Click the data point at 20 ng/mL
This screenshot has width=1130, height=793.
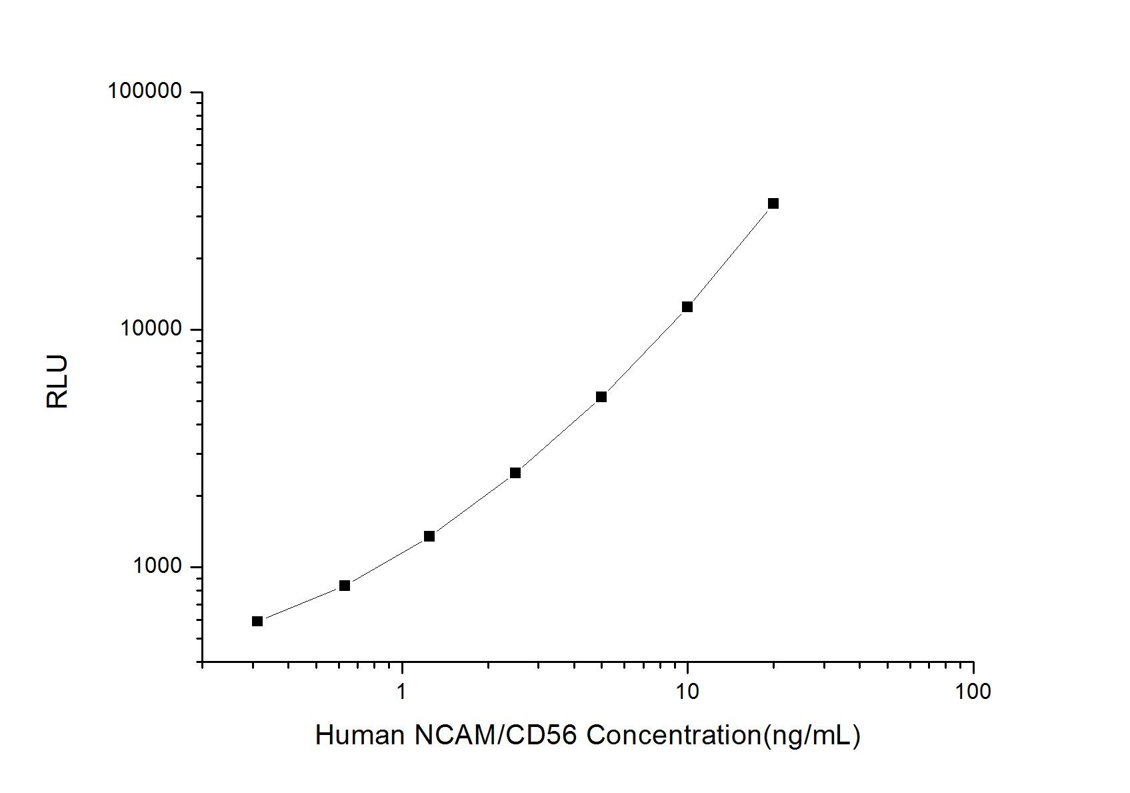(x=773, y=203)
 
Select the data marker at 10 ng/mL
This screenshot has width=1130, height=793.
(x=687, y=307)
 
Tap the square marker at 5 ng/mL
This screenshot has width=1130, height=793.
(x=601, y=397)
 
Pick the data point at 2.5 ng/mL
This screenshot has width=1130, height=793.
(x=515, y=473)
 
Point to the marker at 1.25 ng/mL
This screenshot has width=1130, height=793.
(x=429, y=536)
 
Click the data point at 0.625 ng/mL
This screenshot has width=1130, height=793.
(x=344, y=586)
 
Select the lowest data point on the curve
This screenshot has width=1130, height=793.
(x=257, y=622)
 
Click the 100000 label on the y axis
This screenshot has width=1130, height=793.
(x=145, y=92)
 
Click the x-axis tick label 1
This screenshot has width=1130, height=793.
(x=401, y=692)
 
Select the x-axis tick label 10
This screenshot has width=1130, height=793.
(x=687, y=692)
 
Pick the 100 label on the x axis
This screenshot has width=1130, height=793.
(x=973, y=692)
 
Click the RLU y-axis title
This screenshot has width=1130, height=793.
(x=58, y=381)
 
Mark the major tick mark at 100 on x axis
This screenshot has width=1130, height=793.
(x=973, y=668)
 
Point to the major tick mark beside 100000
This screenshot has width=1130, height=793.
(x=196, y=92)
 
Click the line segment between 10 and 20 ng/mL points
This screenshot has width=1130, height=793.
(x=730, y=256)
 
